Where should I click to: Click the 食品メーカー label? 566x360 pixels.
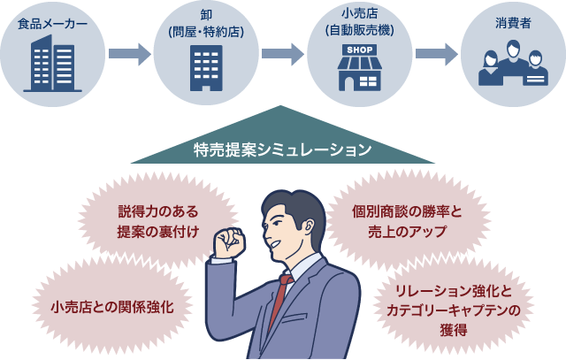tap(52, 22)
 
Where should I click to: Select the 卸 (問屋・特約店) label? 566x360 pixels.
tap(205, 25)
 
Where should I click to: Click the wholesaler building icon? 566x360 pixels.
tap(206, 67)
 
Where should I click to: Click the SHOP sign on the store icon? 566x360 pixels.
tap(358, 50)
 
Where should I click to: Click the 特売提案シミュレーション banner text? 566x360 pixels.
tap(282, 149)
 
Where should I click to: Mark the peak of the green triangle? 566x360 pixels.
tap(282, 107)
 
